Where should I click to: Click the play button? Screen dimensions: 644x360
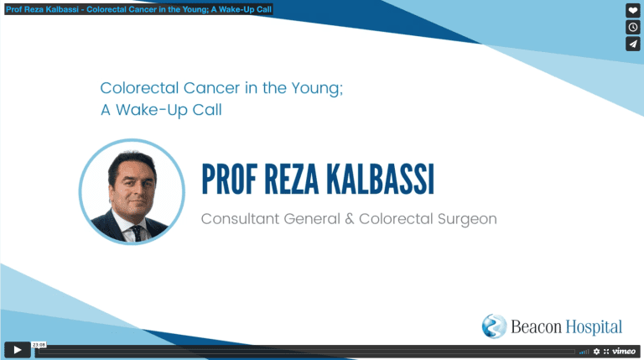coord(18,350)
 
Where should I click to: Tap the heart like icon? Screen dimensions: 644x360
coord(633,11)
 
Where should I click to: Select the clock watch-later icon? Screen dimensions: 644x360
coord(633,27)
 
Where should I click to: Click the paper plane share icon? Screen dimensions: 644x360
coord(633,44)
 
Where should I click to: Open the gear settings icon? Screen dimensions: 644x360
coord(596,352)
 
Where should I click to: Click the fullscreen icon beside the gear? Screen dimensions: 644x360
coord(605,352)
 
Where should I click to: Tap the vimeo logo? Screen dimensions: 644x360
coord(624,351)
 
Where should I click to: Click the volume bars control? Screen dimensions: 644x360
coord(584,352)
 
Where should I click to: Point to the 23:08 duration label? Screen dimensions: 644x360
coord(39,345)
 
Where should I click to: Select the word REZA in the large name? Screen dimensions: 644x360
coord(291,180)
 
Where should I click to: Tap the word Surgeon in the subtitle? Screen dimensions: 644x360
coord(467,220)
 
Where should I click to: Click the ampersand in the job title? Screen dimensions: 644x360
coord(350,219)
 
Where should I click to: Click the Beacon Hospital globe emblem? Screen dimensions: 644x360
coord(494,326)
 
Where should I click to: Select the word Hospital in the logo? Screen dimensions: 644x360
coord(594,327)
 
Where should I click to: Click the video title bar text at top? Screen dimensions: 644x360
coord(139,9)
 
